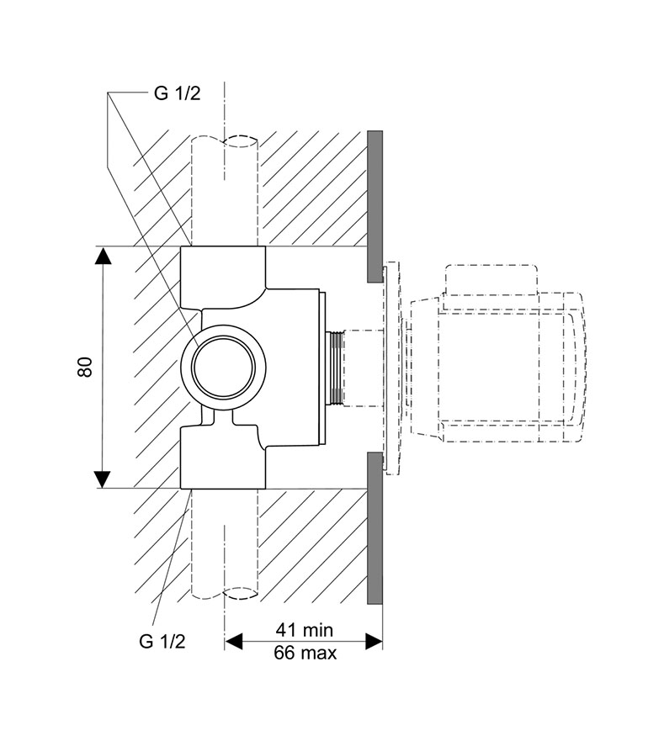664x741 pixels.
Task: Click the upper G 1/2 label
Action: [178, 93]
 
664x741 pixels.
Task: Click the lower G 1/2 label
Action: [162, 641]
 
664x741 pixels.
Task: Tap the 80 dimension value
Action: [85, 367]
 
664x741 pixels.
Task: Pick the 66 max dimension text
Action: [305, 653]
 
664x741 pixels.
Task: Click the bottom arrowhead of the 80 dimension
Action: [103, 479]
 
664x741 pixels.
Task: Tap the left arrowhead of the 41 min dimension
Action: [233, 641]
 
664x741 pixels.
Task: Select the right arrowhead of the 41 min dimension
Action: [374, 641]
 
